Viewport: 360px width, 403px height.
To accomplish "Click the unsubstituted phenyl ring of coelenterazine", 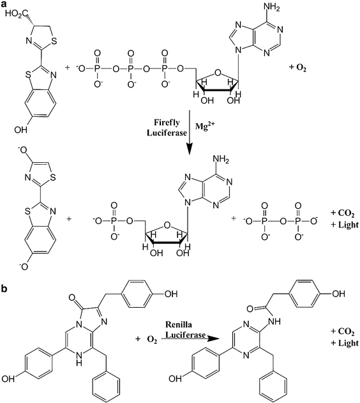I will (86, 381).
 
